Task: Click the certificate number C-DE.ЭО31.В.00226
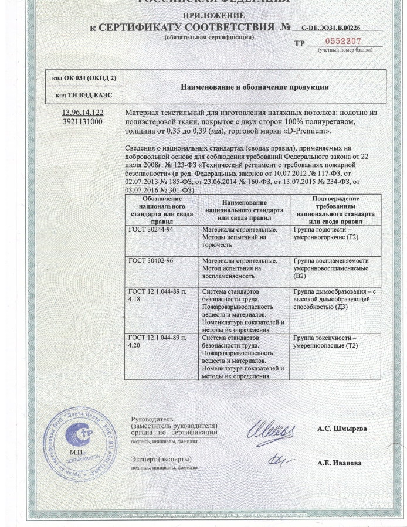pyautogui.click(x=331, y=28)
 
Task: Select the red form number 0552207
pyautogui.click(x=343, y=41)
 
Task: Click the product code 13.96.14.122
pyautogui.click(x=83, y=112)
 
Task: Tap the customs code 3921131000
pyautogui.click(x=83, y=121)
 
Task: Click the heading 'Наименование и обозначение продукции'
pyautogui.click(x=255, y=87)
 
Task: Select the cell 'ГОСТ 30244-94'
pyautogui.click(x=150, y=230)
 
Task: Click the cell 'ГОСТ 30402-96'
pyautogui.click(x=150, y=260)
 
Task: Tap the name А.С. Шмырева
pyautogui.click(x=342, y=429)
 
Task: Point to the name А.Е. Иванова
pyautogui.click(x=340, y=463)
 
